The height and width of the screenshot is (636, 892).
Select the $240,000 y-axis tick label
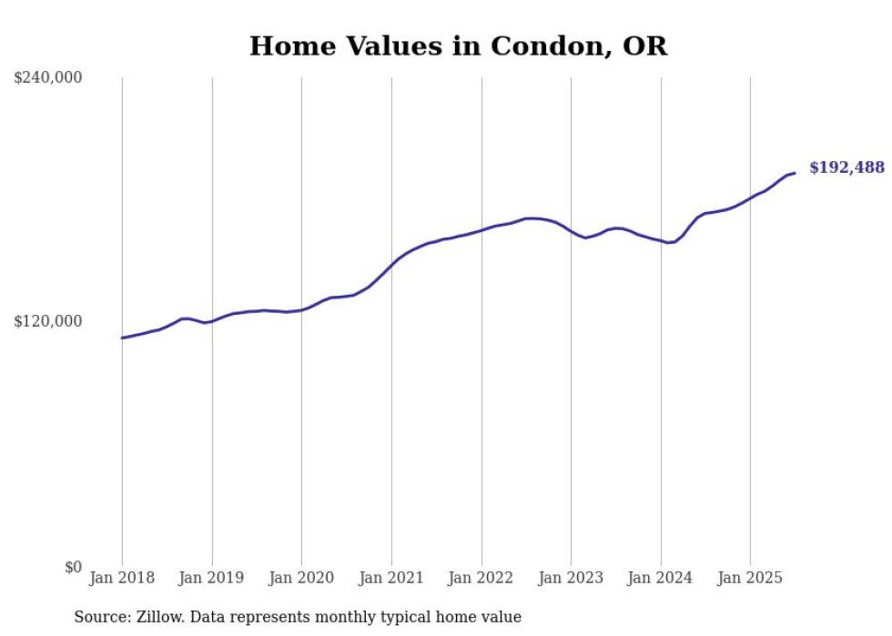[48, 78]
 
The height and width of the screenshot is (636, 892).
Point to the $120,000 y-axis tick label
[48, 321]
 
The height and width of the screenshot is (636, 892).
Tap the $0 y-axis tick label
[74, 567]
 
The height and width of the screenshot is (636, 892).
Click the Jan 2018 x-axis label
[122, 578]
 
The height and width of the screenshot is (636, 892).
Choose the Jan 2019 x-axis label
[212, 578]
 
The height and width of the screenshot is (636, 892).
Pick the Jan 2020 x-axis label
[301, 578]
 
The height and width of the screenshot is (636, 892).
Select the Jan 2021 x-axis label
[391, 578]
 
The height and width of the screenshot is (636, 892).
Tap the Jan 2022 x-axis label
[481, 578]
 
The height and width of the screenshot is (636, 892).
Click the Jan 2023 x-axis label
[571, 578]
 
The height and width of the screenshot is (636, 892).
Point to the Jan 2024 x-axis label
[661, 578]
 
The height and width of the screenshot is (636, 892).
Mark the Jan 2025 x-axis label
[750, 578]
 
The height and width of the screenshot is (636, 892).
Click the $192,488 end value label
[846, 167]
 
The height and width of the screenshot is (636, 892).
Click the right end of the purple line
[795, 173]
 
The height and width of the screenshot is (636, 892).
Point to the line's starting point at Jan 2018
[122, 338]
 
